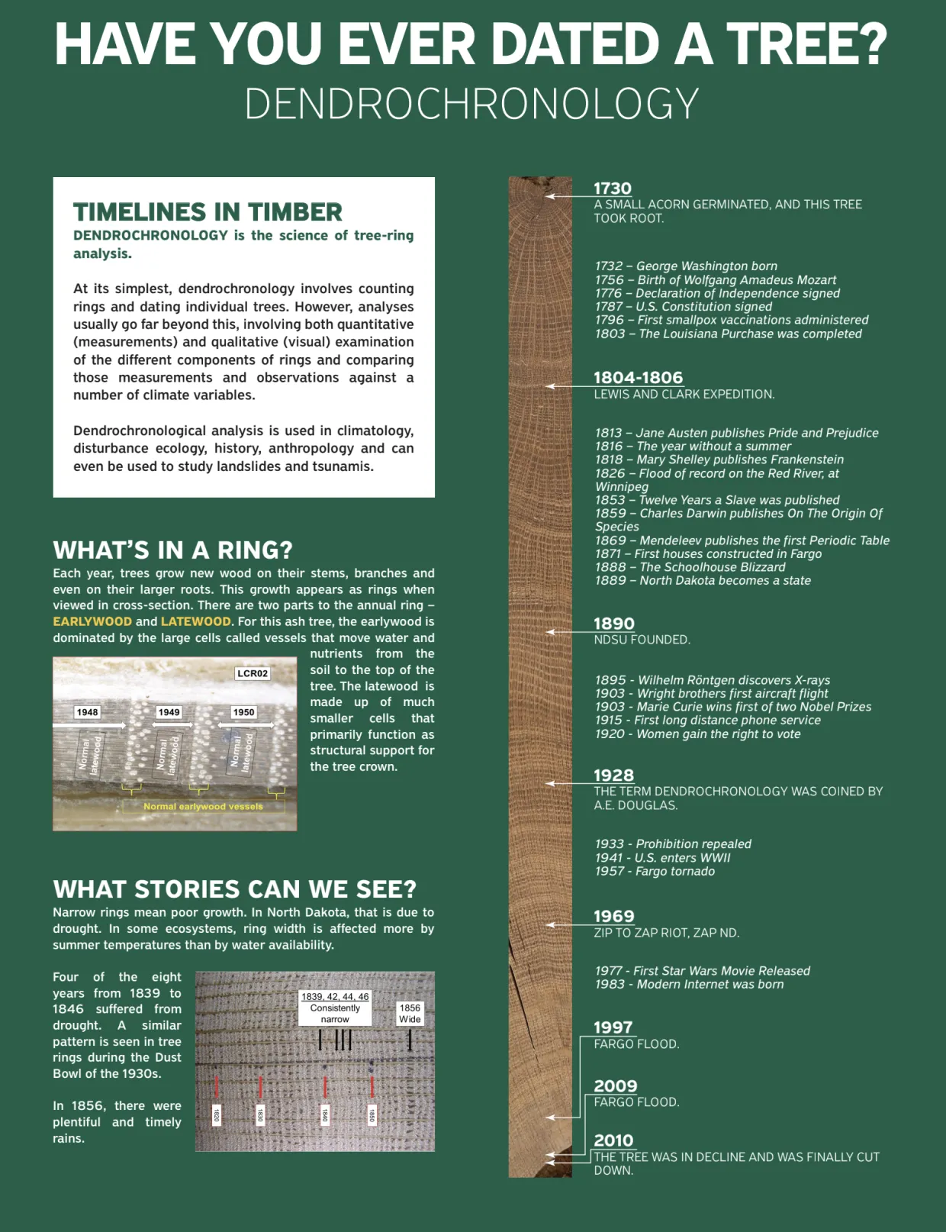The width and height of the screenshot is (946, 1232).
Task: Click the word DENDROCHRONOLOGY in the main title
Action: [471, 104]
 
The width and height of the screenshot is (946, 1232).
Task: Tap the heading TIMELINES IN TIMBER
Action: [208, 211]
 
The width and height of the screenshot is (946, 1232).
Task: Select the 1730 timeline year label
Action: [613, 188]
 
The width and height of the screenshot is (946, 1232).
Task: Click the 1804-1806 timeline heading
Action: [638, 377]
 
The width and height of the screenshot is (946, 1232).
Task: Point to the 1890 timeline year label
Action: [614, 624]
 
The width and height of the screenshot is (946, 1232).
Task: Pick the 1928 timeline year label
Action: [614, 775]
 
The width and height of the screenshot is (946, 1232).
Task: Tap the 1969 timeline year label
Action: [614, 916]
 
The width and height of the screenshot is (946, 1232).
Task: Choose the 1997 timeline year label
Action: [613, 1027]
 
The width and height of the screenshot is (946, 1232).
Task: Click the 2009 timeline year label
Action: [616, 1085]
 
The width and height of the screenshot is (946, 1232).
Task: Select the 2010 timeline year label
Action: [614, 1140]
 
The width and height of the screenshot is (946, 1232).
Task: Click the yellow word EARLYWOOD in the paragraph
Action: [92, 621]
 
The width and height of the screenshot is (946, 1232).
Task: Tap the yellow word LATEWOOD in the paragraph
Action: [195, 621]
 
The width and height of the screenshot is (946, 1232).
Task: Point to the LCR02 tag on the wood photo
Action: [253, 673]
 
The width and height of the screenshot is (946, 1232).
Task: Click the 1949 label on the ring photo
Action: [169, 712]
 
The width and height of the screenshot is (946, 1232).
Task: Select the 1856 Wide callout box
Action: [410, 1013]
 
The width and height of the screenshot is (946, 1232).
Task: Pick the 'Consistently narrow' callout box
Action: [335, 1008]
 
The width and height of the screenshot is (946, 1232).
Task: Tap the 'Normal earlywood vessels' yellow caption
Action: [203, 806]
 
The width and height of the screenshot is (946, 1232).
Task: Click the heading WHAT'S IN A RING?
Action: [172, 550]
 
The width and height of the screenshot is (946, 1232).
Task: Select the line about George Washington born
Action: [686, 266]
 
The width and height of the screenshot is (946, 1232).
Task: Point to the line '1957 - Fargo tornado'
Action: [655, 871]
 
